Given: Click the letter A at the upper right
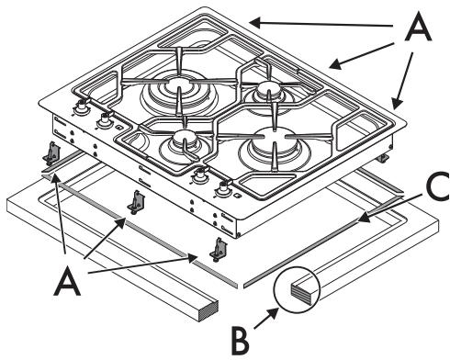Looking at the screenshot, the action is tap(418, 28).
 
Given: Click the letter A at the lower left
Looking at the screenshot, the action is tap(67, 280).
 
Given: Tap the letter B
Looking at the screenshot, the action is tap(241, 341).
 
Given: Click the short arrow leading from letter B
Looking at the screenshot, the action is tap(266, 319).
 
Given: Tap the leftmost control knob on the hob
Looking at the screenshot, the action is tap(81, 106).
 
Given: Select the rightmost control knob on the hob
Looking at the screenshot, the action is tap(224, 189).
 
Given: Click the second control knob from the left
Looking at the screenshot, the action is tap(104, 120).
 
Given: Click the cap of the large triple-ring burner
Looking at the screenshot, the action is tap(178, 84).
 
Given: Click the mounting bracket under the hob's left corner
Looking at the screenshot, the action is tap(51, 152).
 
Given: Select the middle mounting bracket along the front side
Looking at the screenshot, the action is tap(137, 202).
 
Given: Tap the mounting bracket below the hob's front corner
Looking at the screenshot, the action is tap(219, 249).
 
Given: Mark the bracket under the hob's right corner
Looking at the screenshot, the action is tap(383, 158).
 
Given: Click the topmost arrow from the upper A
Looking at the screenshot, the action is tap(321, 24).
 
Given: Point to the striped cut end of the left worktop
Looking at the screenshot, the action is tap(208, 311).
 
